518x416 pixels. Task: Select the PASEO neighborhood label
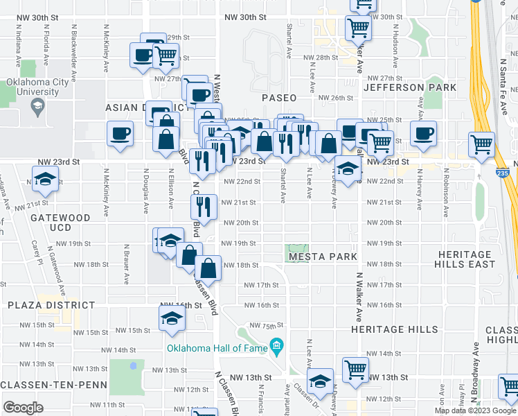279,98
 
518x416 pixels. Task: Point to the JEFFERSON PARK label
410,87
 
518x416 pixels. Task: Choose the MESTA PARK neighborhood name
323,257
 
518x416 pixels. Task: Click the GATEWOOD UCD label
60,223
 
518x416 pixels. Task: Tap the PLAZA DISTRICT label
51,305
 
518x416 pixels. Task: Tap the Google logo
24,407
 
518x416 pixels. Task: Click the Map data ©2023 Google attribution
476,410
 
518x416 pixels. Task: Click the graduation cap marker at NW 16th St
170,318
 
